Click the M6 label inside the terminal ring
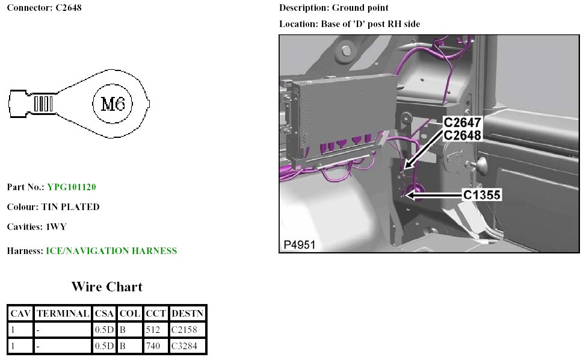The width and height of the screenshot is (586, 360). [x=113, y=104]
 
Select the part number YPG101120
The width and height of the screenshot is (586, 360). [x=72, y=187]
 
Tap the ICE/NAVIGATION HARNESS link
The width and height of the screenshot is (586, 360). [x=111, y=251]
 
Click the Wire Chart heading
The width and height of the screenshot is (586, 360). [x=107, y=287]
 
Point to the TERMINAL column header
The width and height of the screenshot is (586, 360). [x=63, y=314]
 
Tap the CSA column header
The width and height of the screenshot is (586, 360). [x=104, y=314]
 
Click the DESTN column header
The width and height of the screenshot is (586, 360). [x=187, y=314]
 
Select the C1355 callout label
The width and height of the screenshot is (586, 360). [x=481, y=195]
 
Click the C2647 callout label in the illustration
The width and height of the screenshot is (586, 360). [x=463, y=123]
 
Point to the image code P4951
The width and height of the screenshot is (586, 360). [x=300, y=245]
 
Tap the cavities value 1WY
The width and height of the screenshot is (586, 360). [x=57, y=228]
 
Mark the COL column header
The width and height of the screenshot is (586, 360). [x=130, y=314]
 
